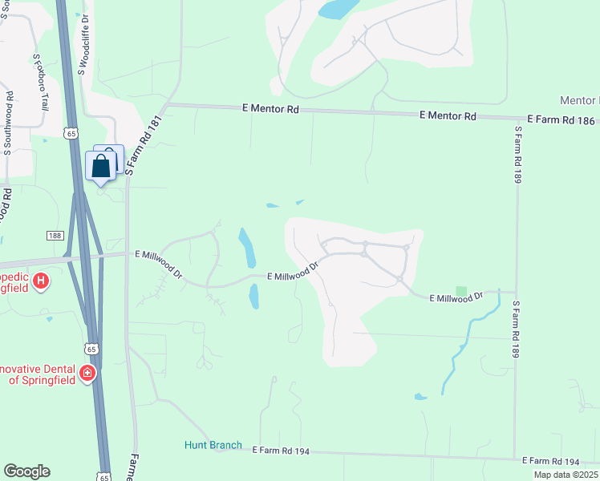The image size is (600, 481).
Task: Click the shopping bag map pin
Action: coord(101,167)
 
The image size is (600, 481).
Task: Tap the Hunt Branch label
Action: coord(213,445)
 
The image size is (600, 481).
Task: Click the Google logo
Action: coord(26,471)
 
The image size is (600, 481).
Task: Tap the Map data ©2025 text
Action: coord(565,475)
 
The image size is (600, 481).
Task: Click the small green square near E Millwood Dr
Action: coord(460,291)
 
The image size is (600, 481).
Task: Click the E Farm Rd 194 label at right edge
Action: coord(549,462)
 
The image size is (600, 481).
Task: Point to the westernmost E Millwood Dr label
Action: coord(160,265)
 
